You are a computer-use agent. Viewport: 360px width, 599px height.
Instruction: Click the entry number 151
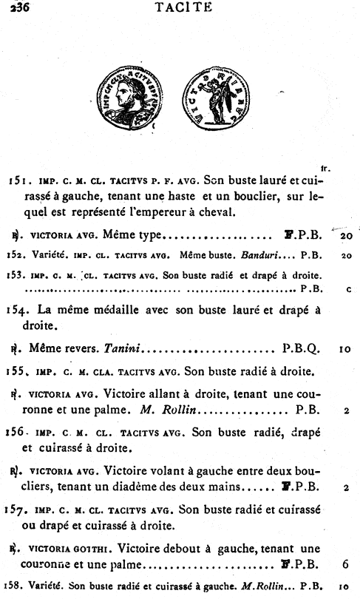(x=18, y=180)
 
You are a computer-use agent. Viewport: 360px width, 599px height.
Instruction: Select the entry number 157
(x=18, y=510)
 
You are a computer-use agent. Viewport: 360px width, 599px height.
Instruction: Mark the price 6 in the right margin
(x=346, y=565)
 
